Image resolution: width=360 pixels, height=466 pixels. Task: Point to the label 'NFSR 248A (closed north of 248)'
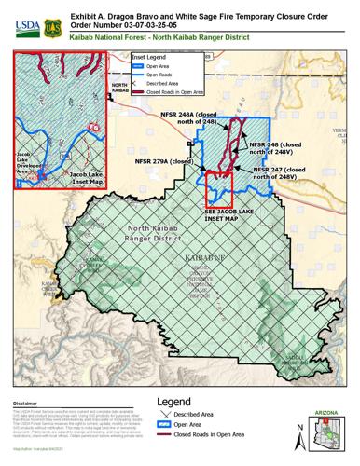(201, 118)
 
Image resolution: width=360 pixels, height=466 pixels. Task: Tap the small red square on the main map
(218, 187)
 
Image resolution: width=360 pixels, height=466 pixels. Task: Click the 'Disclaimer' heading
(25, 403)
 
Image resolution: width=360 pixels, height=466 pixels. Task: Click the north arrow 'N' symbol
(298, 435)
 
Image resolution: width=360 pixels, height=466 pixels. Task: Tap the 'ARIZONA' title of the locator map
(329, 410)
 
